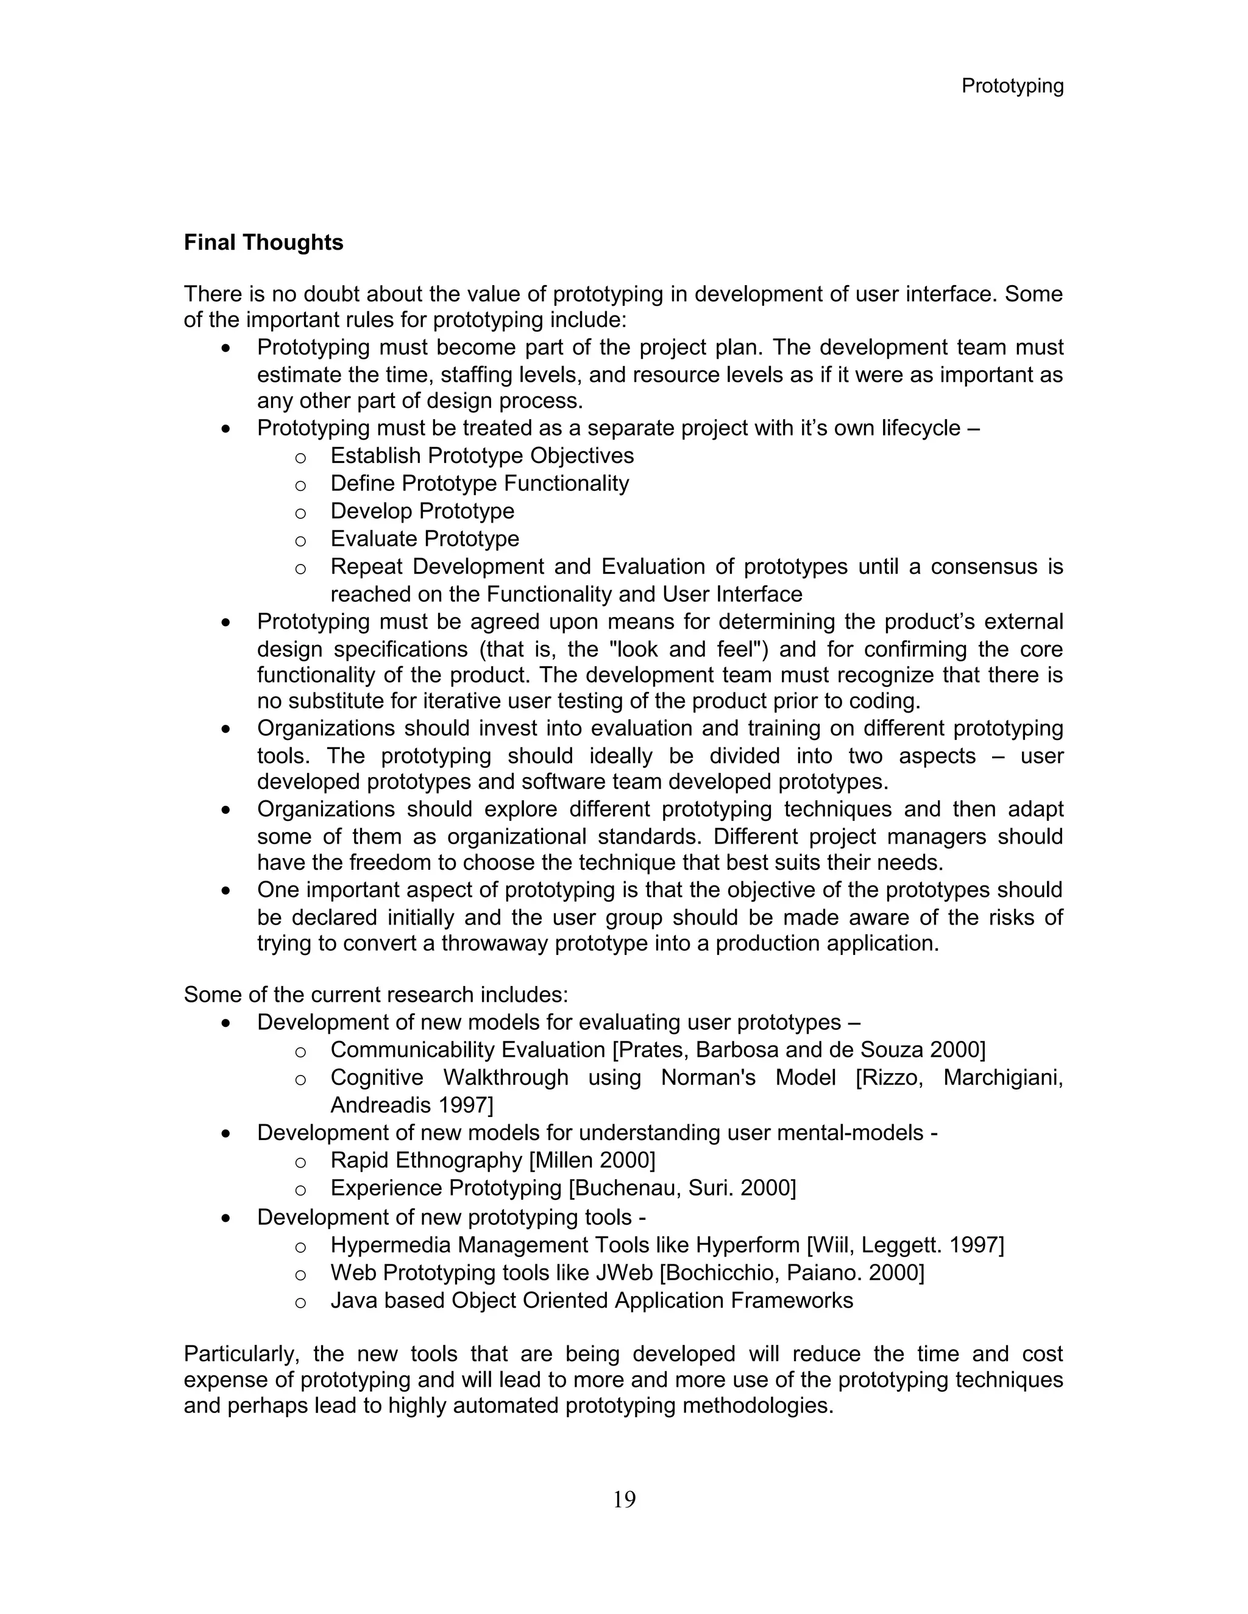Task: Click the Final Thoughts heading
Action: coord(263,242)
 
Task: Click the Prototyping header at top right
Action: coord(1012,86)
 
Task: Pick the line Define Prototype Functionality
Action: coord(479,484)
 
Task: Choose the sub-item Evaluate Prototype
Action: coord(424,539)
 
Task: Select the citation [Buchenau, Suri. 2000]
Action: coord(682,1188)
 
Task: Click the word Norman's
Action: coord(707,1077)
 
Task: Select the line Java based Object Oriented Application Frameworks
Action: coord(592,1301)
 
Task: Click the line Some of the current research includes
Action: coord(375,995)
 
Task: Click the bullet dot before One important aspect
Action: coord(226,891)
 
